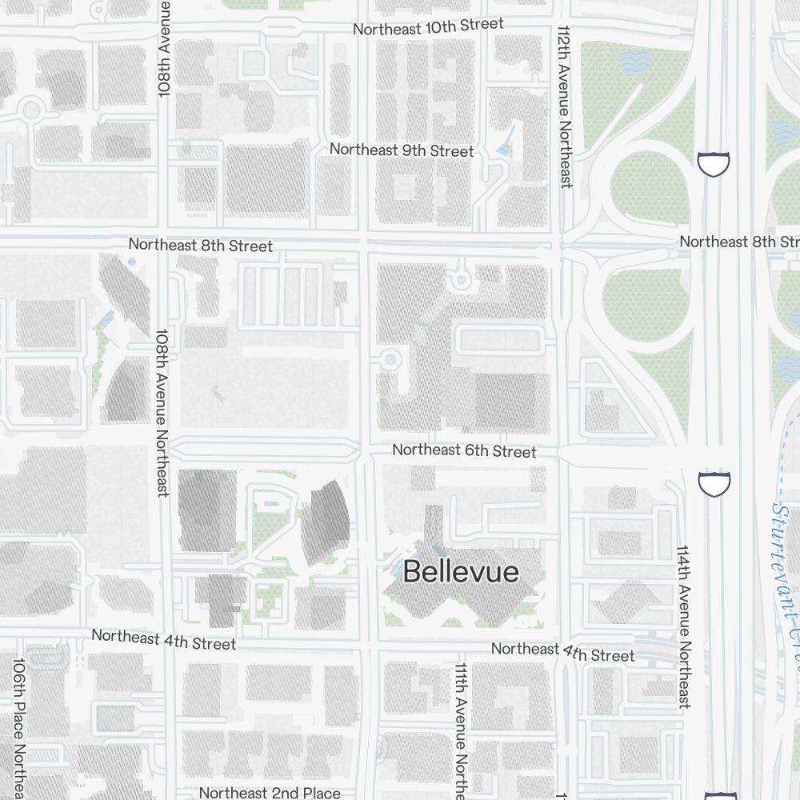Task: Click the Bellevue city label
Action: (461, 571)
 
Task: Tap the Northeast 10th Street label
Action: (428, 26)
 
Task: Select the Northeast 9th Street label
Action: (402, 150)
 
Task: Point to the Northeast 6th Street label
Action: (464, 451)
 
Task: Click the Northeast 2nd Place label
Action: (270, 793)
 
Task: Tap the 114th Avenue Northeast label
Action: (684, 627)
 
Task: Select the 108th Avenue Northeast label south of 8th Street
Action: (162, 412)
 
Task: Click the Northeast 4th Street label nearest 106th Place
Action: (164, 639)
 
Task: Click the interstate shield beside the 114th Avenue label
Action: (713, 483)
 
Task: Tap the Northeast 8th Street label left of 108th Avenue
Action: (200, 245)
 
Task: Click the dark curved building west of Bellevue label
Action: (326, 522)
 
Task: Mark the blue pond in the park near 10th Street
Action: (636, 63)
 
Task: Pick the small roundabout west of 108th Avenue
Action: (31, 110)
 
